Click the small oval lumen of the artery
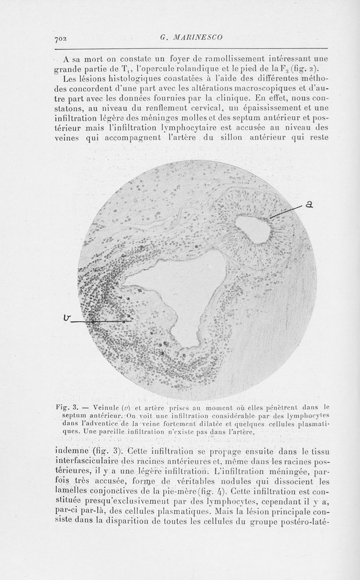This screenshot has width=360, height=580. point(253,229)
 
